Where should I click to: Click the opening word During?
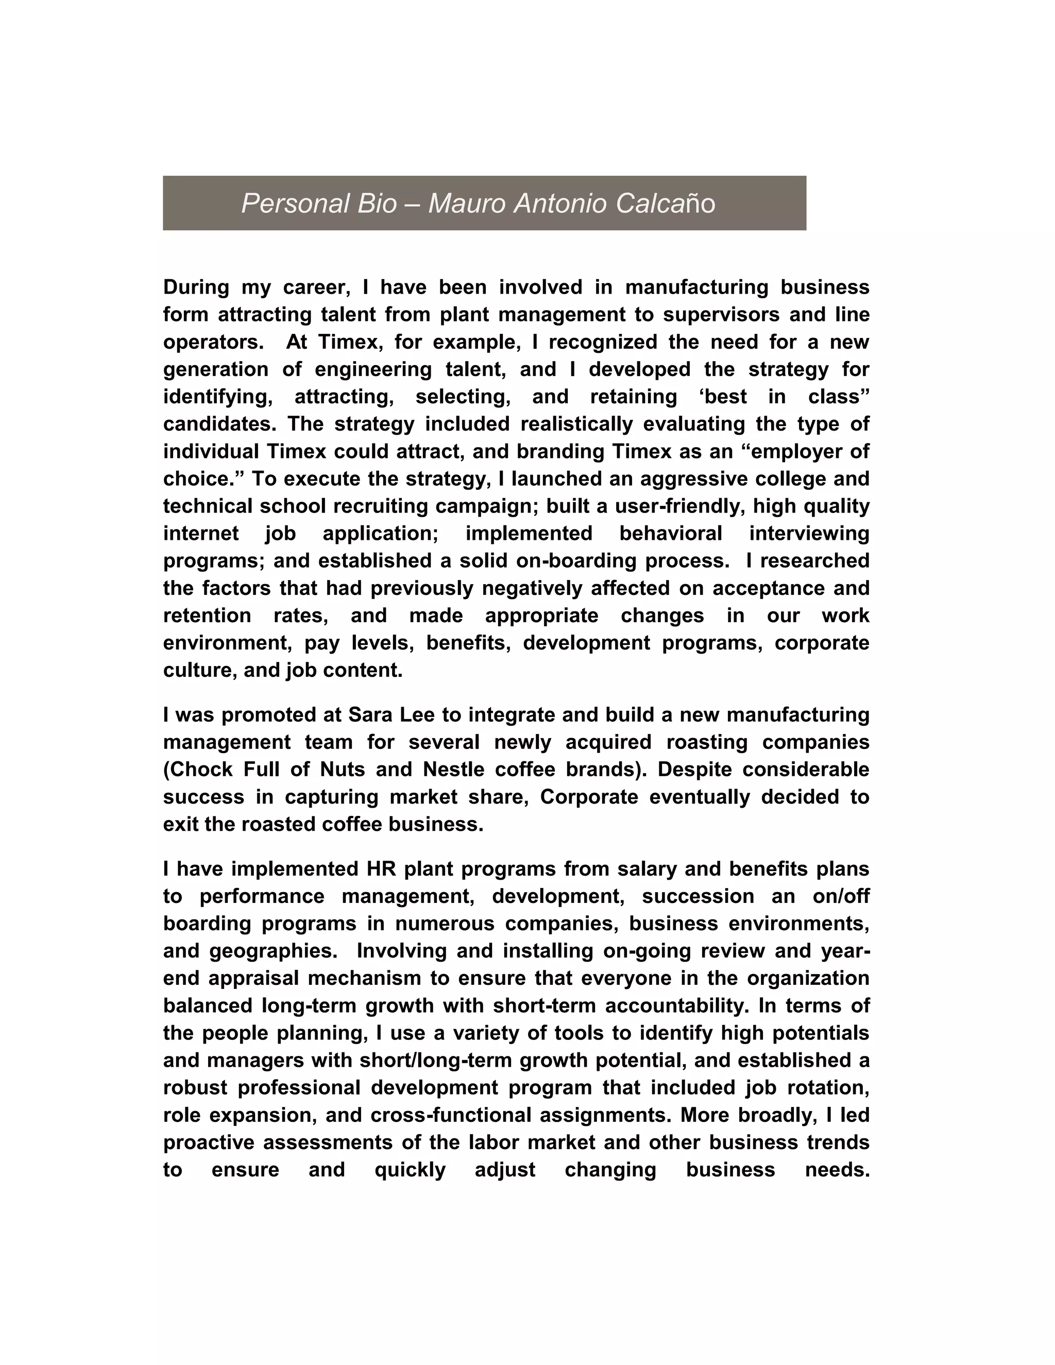(196, 287)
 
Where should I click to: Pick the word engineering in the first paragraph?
(373, 369)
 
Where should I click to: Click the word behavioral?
(671, 534)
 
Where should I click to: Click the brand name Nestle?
(457, 770)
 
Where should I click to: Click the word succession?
(698, 896)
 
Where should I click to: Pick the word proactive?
(208, 1142)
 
